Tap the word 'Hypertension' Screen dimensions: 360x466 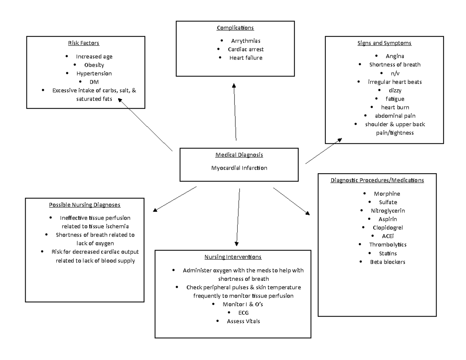(94, 73)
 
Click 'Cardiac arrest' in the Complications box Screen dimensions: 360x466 (246, 49)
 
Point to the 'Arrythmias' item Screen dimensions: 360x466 (245, 41)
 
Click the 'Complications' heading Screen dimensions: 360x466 (235, 28)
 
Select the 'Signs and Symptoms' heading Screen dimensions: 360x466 (384, 43)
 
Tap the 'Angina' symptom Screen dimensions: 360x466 (395, 56)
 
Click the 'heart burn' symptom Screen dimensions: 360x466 (395, 107)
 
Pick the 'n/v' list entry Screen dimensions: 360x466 (395, 73)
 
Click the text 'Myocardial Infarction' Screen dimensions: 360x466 (239, 168)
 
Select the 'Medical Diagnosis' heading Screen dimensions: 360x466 (239, 155)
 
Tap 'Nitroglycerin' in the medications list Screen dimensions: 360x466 (388, 210)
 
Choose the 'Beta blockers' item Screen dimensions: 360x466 (388, 262)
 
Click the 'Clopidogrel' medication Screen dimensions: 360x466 (388, 228)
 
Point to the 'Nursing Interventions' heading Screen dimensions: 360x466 (233, 257)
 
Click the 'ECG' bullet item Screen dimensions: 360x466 (243, 313)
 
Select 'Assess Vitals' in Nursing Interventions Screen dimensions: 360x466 (243, 321)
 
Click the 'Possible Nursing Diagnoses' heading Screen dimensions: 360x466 (85, 205)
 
